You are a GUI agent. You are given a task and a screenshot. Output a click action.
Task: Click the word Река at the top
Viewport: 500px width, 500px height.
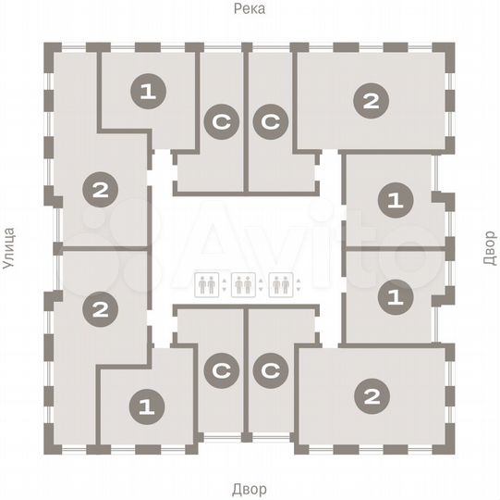pos(250,9)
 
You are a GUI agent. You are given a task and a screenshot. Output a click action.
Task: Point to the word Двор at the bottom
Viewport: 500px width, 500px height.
pos(250,489)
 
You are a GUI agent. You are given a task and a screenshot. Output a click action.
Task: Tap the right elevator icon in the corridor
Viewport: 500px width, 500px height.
pos(281,283)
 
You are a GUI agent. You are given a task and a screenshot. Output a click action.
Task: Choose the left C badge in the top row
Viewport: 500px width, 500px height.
pos(220,122)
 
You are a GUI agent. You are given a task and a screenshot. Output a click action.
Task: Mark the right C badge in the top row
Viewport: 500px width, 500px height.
pos(270,122)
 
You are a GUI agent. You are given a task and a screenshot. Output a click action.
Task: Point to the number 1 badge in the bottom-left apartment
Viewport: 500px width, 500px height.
pos(145,405)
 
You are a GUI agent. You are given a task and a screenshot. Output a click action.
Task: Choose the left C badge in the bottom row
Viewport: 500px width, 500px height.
pos(221,370)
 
